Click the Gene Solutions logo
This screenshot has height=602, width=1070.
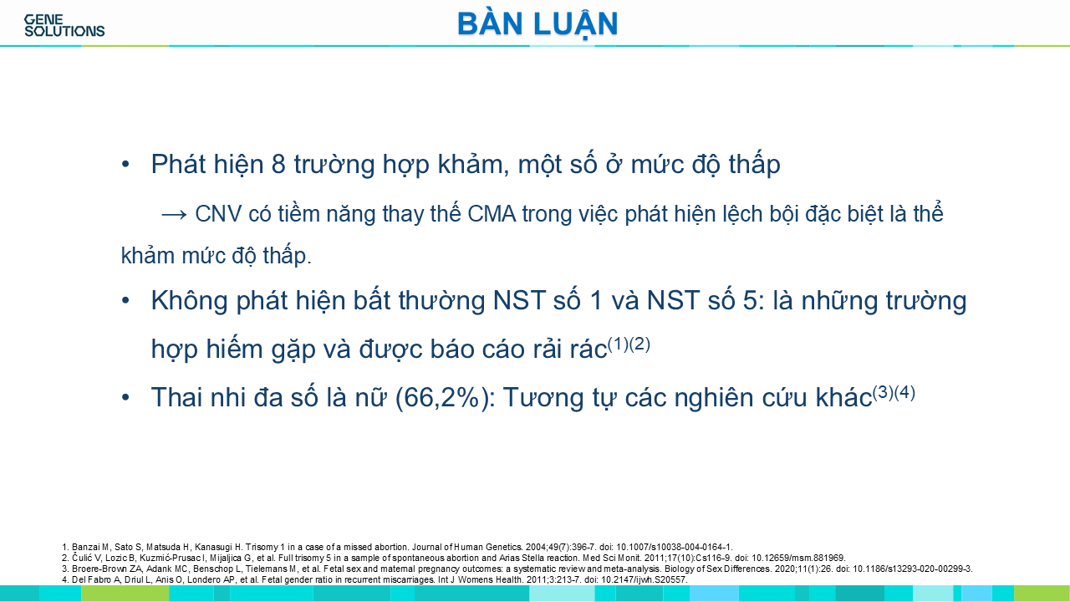[x=64, y=26]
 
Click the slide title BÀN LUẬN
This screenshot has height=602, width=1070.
[x=538, y=24]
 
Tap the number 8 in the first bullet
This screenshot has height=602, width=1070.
[x=278, y=164]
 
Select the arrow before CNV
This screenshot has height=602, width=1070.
[x=174, y=215]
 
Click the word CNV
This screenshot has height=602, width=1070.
[x=218, y=213]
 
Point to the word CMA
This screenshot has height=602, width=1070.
[x=492, y=213]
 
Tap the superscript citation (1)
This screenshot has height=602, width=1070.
[x=618, y=344]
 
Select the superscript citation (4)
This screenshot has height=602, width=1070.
[x=904, y=393]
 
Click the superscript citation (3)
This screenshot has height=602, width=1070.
[x=884, y=393]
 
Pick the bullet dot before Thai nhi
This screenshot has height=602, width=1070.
[x=125, y=397]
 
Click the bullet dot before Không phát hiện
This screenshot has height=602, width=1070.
[x=125, y=301]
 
